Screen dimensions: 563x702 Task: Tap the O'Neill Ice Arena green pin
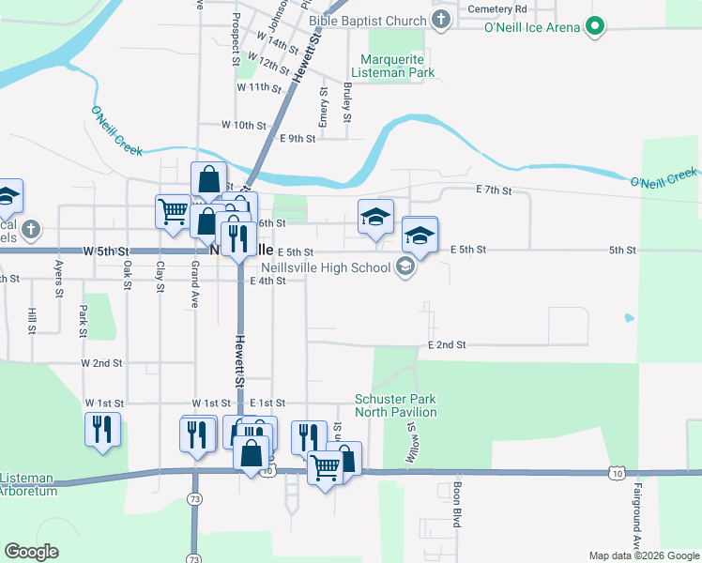tap(593, 27)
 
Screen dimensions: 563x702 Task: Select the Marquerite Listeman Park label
tap(392, 66)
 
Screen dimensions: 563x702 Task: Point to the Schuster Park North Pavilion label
tap(395, 405)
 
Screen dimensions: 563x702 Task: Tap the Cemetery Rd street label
tap(496, 8)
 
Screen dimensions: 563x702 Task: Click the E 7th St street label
tap(494, 190)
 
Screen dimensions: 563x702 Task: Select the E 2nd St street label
tap(447, 345)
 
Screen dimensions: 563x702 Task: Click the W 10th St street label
tap(244, 125)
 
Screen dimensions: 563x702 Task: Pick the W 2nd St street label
tap(101, 362)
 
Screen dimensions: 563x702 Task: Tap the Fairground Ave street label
tap(636, 516)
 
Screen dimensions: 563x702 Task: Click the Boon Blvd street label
tap(457, 503)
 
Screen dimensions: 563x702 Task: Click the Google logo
tap(31, 552)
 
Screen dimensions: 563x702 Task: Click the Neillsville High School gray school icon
tap(404, 268)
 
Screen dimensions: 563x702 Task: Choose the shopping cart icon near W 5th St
tap(173, 211)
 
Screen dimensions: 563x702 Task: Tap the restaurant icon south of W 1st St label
tap(197, 433)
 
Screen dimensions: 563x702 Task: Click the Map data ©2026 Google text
tap(643, 555)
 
